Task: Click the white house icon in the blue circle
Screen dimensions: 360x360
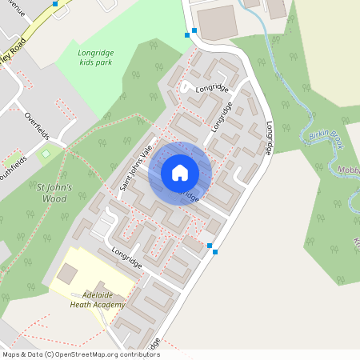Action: [180, 172]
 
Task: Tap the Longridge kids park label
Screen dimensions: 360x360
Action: [96, 58]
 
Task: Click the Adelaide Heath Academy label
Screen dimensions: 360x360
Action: [98, 299]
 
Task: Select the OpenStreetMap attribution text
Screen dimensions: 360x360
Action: [80, 354]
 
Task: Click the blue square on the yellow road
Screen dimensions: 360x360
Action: [54, 4]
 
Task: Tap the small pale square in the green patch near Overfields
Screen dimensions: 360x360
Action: [46, 153]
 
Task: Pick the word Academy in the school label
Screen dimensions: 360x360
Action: [109, 305]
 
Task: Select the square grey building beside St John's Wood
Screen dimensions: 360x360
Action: [67, 274]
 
